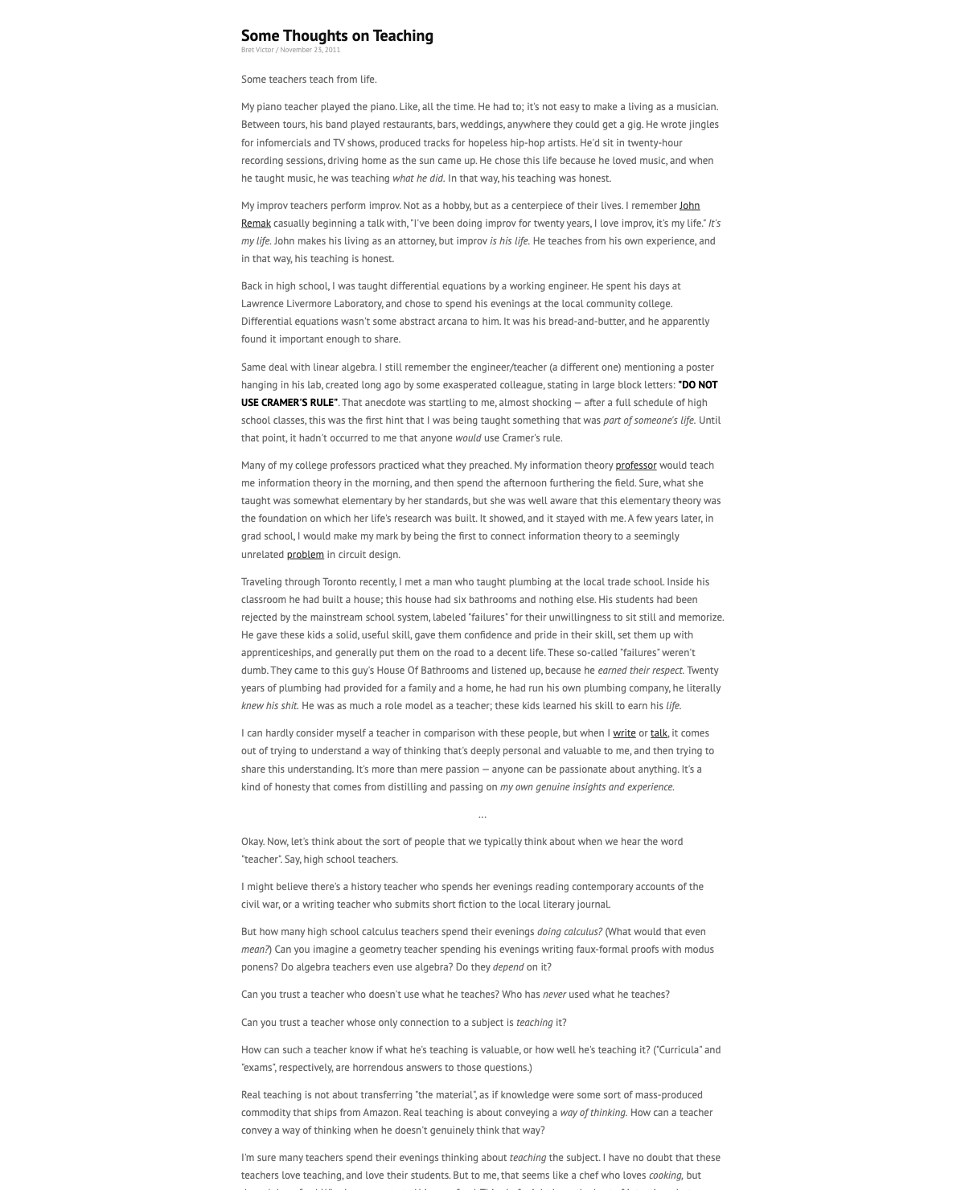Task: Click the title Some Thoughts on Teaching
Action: tap(337, 35)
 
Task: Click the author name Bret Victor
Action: tap(257, 50)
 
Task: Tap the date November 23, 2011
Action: tap(310, 50)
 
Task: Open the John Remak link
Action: tap(689, 206)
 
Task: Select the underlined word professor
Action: tap(635, 466)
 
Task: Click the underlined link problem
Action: tap(305, 555)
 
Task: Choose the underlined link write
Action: tap(624, 733)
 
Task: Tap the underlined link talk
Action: tap(659, 733)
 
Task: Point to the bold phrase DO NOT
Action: tap(698, 385)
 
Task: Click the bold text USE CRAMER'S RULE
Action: tap(289, 403)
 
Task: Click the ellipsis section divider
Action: tap(482, 815)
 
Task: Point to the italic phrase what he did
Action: tap(418, 178)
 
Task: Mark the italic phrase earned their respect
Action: tap(640, 671)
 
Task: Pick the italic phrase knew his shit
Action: tap(269, 706)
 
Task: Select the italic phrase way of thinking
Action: tap(593, 1113)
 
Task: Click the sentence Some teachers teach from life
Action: tap(309, 80)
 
